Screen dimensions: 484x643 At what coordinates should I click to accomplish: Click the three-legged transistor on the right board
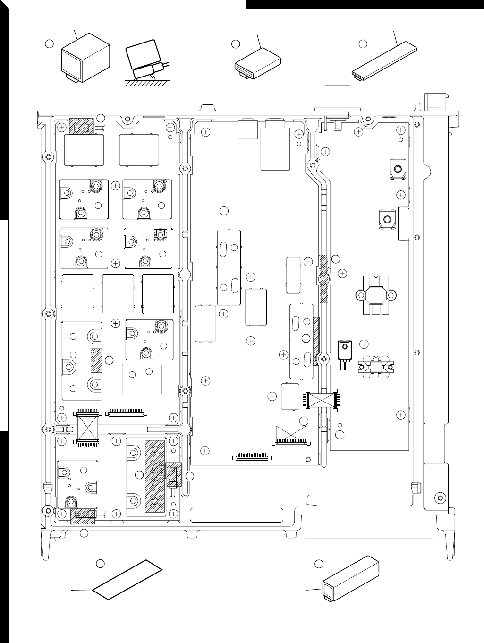pyautogui.click(x=345, y=351)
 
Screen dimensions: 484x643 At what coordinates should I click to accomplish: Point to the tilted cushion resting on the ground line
pyautogui.click(x=144, y=59)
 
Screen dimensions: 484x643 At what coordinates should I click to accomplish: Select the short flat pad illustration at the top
pyautogui.click(x=258, y=64)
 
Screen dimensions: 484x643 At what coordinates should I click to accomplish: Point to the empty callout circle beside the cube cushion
pyautogui.click(x=48, y=43)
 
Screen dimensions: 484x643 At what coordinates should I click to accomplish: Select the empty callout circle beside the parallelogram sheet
pyautogui.click(x=100, y=563)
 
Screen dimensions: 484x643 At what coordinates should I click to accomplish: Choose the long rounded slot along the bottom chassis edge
pyautogui.click(x=236, y=515)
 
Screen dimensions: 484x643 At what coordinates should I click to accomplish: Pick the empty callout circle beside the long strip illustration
pyautogui.click(x=363, y=43)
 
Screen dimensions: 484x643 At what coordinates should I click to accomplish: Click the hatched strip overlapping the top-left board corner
pyautogui.click(x=82, y=126)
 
